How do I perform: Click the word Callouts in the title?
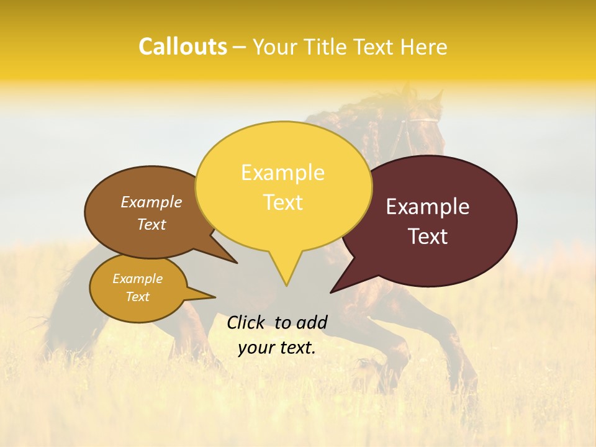(x=183, y=47)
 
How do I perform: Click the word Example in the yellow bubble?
(x=282, y=173)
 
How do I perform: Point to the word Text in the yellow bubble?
(x=283, y=202)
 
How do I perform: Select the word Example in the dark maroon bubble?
(x=428, y=207)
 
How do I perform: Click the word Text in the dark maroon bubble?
(x=428, y=237)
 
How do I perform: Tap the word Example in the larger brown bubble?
(x=151, y=202)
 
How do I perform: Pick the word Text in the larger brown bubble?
(x=151, y=224)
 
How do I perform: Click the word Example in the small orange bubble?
(x=137, y=279)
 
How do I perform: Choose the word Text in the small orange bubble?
(x=137, y=297)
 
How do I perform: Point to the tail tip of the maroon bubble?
(x=331, y=292)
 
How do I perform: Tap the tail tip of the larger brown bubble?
(x=237, y=263)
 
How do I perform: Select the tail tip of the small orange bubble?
(x=215, y=297)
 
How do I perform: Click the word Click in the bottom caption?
(x=246, y=322)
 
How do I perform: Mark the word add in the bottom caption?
(x=312, y=322)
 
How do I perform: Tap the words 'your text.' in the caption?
(x=277, y=348)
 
